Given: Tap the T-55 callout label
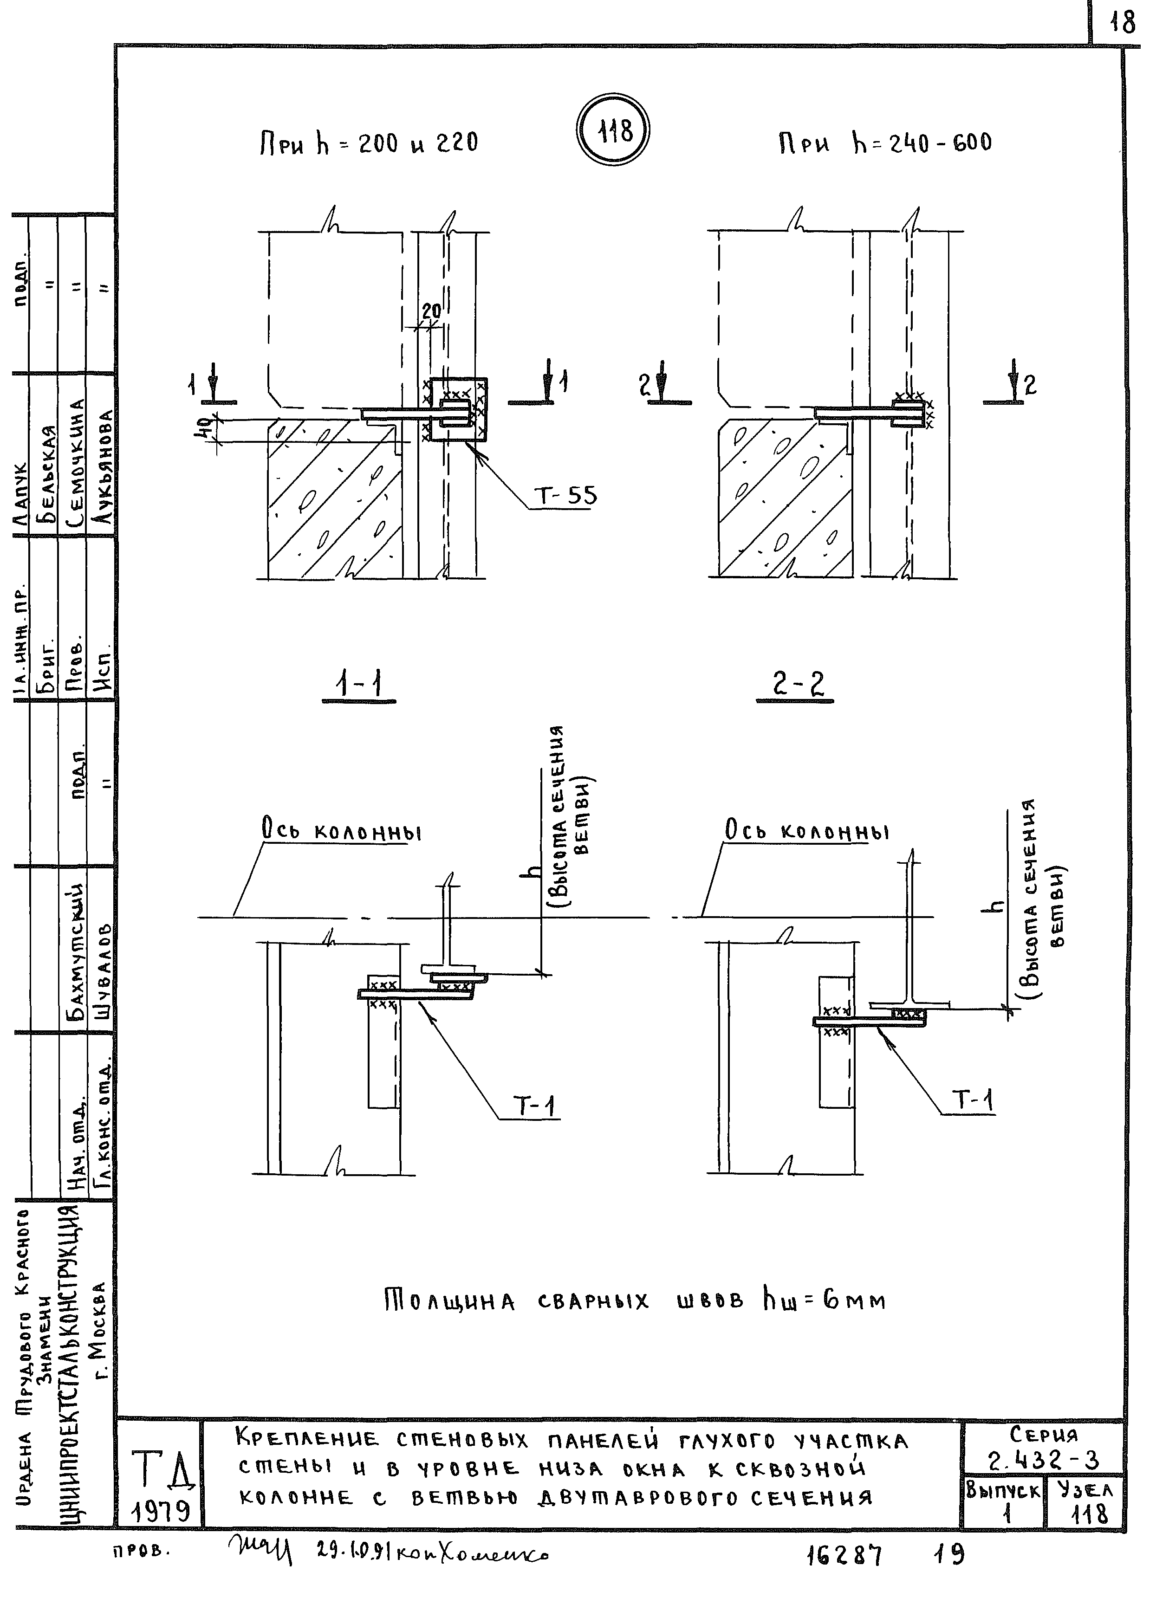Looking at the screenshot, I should click(566, 495).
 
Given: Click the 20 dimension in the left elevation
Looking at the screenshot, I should click(431, 311).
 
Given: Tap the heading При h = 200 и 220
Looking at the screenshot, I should click(367, 144).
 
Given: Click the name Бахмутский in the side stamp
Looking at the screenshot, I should click(74, 952).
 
